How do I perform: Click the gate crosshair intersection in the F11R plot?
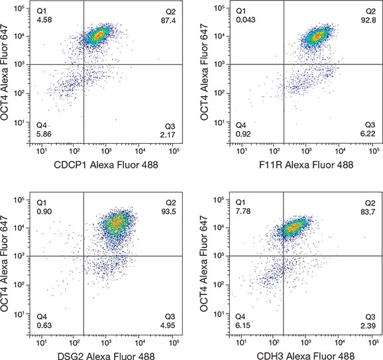284,64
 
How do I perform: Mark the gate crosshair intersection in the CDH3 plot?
284,255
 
